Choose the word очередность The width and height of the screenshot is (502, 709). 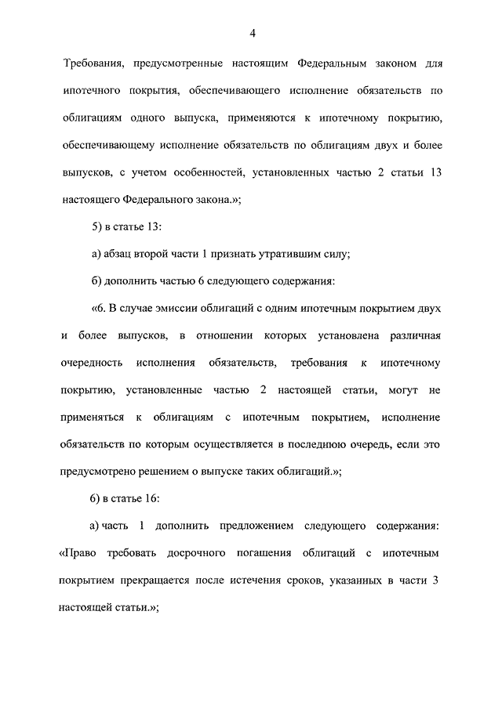[x=92, y=364]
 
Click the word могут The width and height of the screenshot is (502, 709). [x=398, y=390]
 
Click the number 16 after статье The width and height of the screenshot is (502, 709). [x=151, y=498]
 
